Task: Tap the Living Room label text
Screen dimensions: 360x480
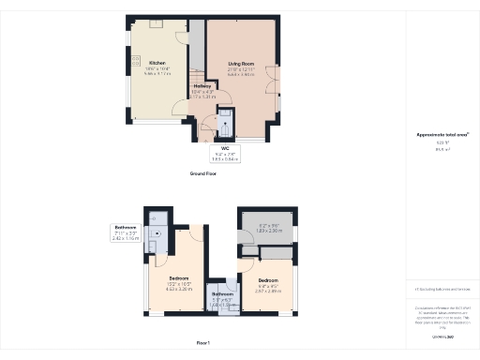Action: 240,65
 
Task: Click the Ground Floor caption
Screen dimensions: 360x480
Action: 202,173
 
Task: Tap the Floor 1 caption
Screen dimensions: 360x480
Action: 202,344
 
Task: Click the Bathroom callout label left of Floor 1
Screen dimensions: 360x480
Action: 126,228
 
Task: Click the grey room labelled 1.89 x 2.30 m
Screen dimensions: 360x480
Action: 271,229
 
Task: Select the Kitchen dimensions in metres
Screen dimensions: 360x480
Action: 157,75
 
